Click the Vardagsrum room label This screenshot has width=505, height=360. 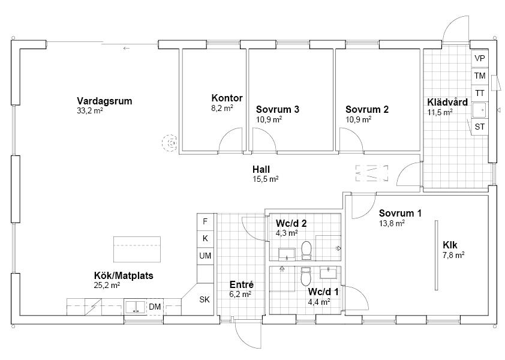(x=104, y=101)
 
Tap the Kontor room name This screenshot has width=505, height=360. (x=227, y=98)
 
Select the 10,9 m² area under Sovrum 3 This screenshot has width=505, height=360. (x=269, y=119)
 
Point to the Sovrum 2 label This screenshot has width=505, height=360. (x=367, y=109)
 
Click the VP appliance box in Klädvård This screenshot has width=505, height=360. (x=480, y=58)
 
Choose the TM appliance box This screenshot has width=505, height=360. (x=480, y=76)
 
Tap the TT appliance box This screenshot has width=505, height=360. (x=480, y=93)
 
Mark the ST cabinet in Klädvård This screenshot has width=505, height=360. (x=480, y=127)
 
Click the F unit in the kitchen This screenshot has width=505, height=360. (x=205, y=222)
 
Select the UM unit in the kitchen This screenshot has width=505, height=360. (x=205, y=256)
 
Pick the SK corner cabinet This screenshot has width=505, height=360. (x=205, y=299)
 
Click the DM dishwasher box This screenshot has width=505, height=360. (x=155, y=307)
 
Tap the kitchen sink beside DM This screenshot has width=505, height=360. (x=136, y=307)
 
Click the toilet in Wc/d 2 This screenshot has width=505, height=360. (x=306, y=250)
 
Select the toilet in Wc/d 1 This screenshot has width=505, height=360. (x=305, y=276)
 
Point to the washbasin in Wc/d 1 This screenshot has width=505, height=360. (x=329, y=272)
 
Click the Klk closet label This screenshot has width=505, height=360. (x=450, y=245)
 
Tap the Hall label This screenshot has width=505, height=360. (x=261, y=169)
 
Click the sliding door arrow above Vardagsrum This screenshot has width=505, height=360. (x=126, y=49)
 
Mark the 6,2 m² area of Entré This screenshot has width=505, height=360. (x=241, y=294)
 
